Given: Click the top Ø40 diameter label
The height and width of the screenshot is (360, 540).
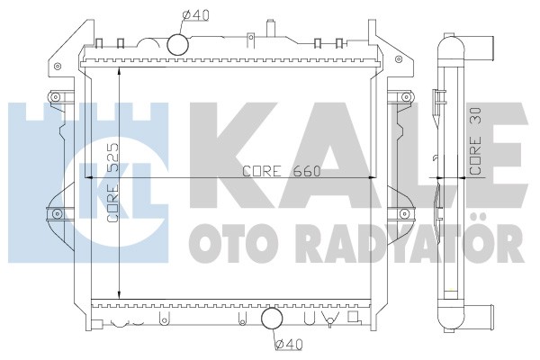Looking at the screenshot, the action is coord(196,15).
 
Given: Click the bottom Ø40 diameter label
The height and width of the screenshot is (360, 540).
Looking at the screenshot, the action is coord(289,344).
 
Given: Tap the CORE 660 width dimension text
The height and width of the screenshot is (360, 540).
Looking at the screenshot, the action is coord(282,171).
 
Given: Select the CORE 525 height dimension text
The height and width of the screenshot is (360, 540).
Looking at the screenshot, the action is coord(113,183).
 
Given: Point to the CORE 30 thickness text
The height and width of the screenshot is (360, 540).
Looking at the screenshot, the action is coord(475,141).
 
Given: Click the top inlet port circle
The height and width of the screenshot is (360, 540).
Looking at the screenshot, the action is coord(177,44).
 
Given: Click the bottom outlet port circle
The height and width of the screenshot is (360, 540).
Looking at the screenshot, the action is coord(272,319).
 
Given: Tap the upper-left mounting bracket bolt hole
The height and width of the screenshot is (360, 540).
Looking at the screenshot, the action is coord(58,66).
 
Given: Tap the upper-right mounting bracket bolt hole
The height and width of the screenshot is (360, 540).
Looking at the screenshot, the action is coord(399,58).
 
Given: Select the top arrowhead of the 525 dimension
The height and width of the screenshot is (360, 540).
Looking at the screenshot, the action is coord(119,70).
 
